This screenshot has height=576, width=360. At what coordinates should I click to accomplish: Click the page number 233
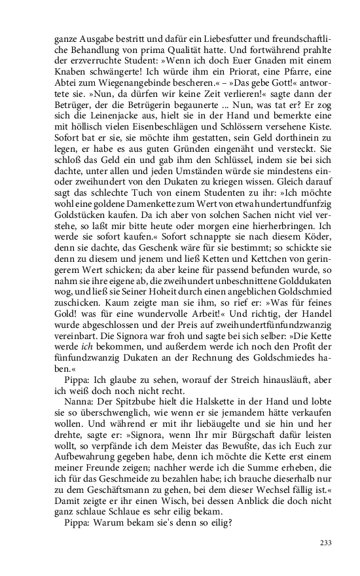(x=307, y=543)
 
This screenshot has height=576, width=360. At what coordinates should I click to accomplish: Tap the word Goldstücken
(x=77, y=253)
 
